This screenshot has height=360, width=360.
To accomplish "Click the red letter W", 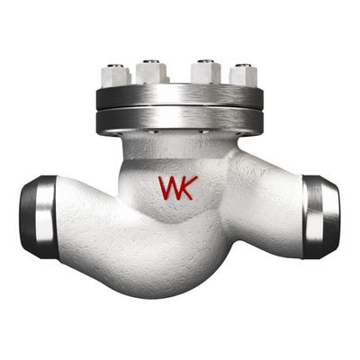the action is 169,188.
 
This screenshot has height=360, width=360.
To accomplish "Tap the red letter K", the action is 189,188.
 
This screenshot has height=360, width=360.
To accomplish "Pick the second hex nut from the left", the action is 151,74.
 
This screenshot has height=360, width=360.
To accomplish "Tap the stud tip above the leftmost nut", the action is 115,66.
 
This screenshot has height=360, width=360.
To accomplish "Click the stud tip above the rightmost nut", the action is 243,65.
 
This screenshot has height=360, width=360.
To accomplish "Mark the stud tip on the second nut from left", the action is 151,61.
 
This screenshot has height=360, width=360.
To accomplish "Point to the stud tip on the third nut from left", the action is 206,61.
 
